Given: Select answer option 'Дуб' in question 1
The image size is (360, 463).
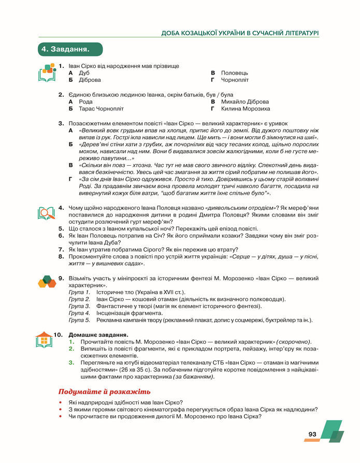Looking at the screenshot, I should (84, 73).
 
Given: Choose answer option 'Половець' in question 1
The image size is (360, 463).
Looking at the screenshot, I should (234, 73).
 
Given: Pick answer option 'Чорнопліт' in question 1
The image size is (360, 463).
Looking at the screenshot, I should (235, 80).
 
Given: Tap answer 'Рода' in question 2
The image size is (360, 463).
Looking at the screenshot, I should (85, 102).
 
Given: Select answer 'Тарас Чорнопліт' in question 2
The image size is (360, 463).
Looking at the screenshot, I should (101, 109).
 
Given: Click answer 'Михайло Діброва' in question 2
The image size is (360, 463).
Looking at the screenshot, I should (244, 102).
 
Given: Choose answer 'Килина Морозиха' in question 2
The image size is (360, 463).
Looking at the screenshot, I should (245, 109).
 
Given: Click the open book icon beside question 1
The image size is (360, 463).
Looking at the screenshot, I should (47, 73).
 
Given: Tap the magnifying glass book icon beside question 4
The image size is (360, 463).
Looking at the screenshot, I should (46, 213).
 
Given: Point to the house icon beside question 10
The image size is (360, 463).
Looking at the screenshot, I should (46, 340).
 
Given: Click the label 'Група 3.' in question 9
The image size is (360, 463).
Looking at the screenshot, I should (80, 306).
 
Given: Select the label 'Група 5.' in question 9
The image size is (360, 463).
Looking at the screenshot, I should (80, 320).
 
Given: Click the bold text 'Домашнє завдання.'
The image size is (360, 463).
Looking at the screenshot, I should (98, 335).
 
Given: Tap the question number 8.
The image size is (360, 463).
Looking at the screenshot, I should (61, 256).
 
